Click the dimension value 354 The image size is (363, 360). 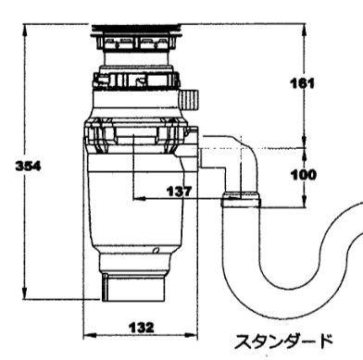28,167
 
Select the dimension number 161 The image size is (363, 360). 303,83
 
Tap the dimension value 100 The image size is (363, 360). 304,175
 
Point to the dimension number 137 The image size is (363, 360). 179,192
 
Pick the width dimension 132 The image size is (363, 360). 141,328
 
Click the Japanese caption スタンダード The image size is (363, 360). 284,341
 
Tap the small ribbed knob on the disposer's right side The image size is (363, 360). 188,99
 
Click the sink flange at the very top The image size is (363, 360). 135,28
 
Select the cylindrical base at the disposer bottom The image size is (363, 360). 133,288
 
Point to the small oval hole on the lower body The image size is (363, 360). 156,250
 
